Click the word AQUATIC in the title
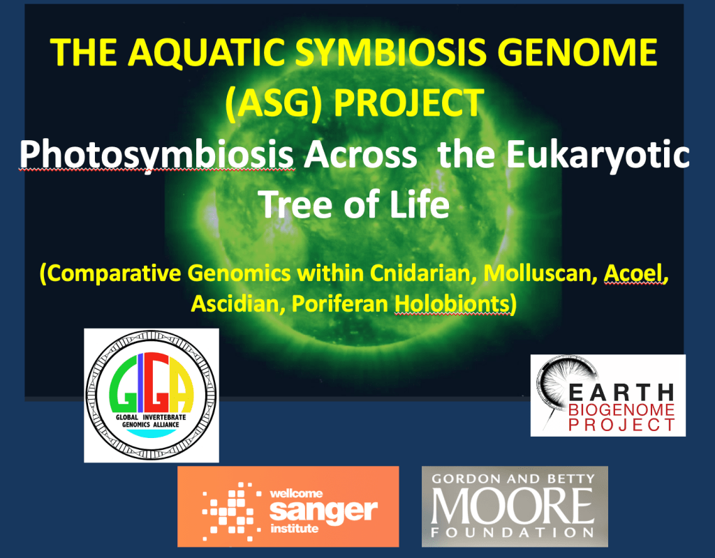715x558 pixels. pos(206,52)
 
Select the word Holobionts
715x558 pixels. pos(452,304)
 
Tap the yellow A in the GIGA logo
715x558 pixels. pos(181,383)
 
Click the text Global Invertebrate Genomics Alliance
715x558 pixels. pos(151,421)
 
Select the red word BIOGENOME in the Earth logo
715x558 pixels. pos(621,409)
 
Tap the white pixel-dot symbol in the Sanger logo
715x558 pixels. pos(231,511)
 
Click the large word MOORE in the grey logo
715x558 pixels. pos(513,506)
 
